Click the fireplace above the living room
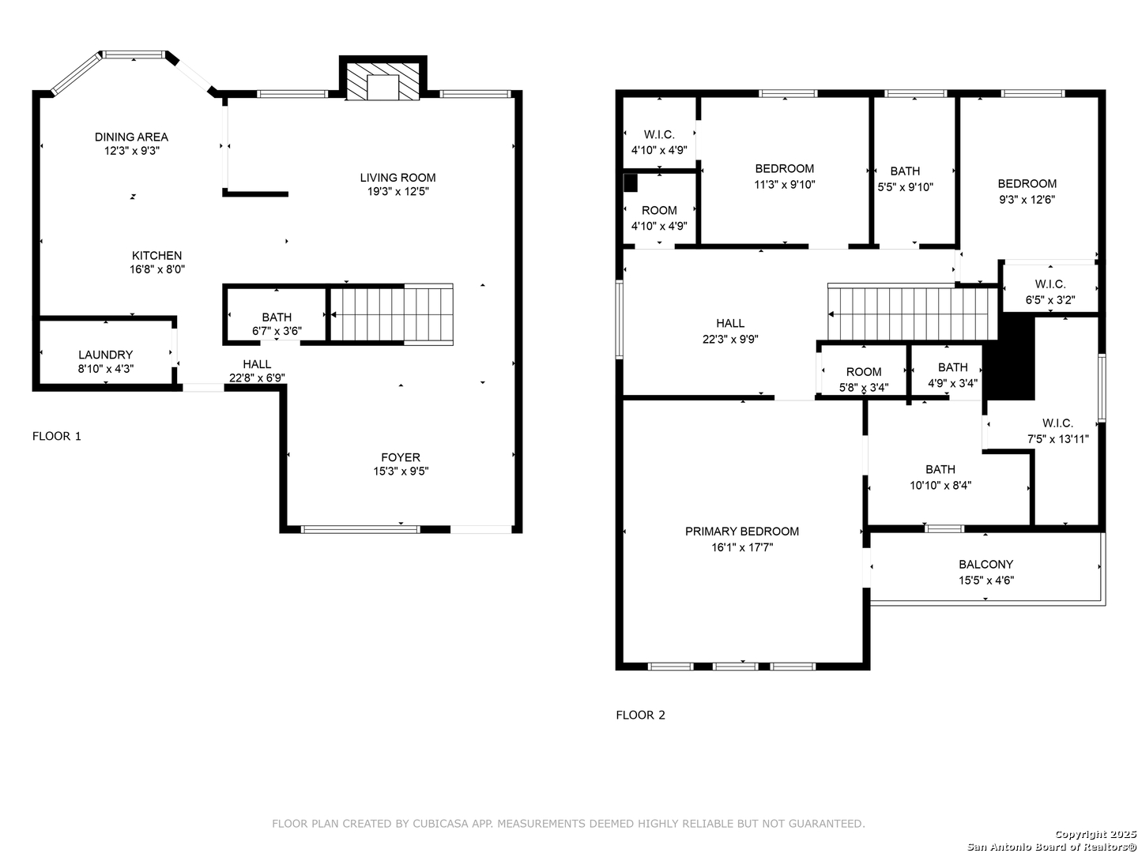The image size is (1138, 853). (382, 81)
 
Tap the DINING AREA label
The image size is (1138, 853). (131, 137)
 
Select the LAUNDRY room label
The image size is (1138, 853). (106, 355)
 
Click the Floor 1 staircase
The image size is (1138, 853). (391, 314)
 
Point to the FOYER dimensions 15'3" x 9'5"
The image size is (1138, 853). (401, 472)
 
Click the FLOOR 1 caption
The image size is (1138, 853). (57, 436)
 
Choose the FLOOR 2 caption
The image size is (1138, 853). (640, 716)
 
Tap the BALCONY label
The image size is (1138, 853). (986, 565)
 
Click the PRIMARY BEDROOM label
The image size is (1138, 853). (742, 532)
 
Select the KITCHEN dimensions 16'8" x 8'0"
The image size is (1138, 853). (157, 269)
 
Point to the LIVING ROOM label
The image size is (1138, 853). (398, 178)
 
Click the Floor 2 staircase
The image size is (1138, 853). (913, 314)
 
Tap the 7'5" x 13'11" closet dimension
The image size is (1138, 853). (1058, 439)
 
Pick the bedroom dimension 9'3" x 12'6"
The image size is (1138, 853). (1027, 199)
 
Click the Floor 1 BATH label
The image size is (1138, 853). (277, 317)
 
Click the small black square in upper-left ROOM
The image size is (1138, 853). (630, 183)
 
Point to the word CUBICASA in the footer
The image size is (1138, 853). (439, 824)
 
